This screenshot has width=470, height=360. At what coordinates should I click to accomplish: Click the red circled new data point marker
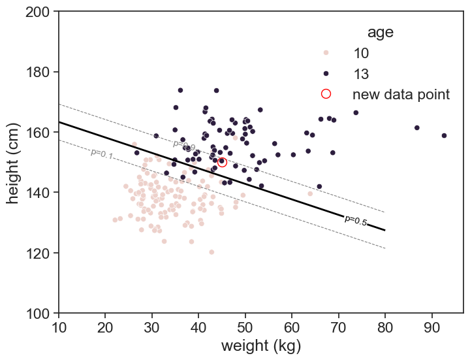point(222,162)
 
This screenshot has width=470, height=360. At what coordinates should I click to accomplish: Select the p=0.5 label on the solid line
point(356,221)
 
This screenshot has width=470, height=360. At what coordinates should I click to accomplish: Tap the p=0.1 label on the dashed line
point(102,154)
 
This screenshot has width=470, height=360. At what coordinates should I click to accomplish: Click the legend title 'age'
point(380,32)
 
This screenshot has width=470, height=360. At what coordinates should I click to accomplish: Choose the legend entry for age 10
point(365,53)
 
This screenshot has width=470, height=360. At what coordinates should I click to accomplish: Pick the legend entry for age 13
point(365,73)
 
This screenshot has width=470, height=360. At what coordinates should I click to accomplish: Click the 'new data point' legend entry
point(401,94)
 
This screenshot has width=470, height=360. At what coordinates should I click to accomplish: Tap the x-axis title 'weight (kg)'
point(260,346)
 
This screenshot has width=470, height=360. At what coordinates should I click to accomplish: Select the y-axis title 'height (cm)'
point(14,162)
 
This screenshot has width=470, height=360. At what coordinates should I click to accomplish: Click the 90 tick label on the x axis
point(431,327)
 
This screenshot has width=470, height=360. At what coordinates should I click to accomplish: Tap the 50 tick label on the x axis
point(245,327)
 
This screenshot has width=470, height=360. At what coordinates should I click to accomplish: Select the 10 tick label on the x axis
point(59,327)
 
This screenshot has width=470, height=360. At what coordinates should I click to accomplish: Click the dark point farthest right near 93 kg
point(444,136)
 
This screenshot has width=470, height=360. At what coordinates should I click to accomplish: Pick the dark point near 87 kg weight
point(416,128)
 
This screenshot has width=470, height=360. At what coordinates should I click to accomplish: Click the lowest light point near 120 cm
point(211,252)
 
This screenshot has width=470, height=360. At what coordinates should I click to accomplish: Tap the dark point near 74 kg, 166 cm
point(356,112)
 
